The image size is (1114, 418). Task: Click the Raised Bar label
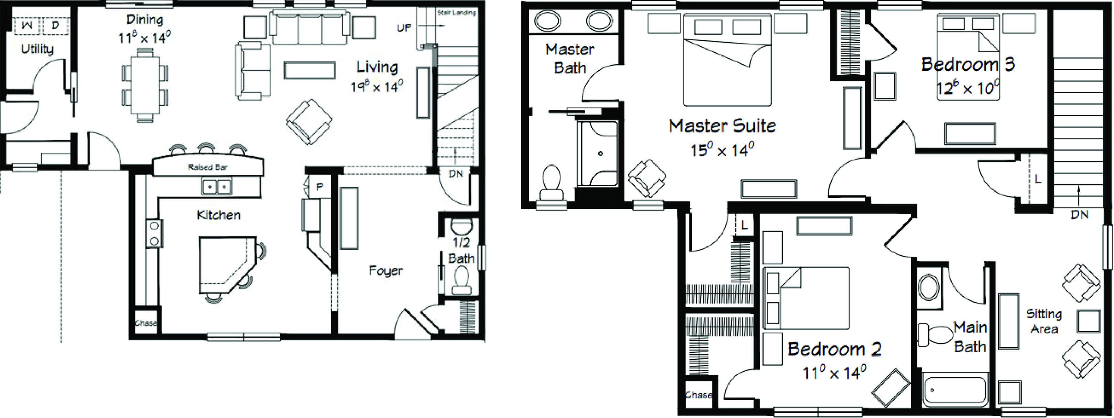tap(208, 167)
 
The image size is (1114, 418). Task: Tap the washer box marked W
tap(27, 25)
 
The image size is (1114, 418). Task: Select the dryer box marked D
tap(55, 25)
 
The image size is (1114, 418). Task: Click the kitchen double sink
tap(217, 187)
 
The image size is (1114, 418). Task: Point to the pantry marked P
tap(319, 187)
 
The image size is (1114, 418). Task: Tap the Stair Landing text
tap(456, 12)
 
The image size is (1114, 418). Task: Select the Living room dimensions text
tap(377, 87)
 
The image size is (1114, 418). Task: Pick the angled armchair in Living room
tap(309, 122)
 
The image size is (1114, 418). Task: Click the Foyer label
tap(386, 271)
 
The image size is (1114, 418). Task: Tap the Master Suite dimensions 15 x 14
tap(722, 150)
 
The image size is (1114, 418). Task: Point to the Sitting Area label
tap(1044, 321)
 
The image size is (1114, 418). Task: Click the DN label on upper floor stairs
tap(1079, 214)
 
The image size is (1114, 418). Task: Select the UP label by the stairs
tap(404, 28)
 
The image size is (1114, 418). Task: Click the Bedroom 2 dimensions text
tap(834, 373)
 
